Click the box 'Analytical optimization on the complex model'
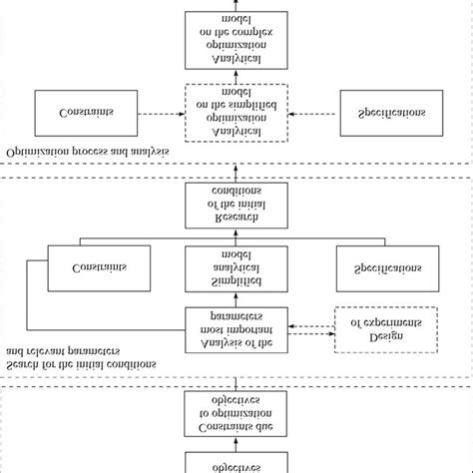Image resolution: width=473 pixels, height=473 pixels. [x=236, y=41]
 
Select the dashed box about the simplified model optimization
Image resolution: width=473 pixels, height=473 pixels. [x=236, y=113]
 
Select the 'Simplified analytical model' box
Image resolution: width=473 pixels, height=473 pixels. [x=236, y=269]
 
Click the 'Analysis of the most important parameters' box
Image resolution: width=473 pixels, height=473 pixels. [x=236, y=329]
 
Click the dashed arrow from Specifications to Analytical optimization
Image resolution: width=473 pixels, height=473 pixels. [x=313, y=113]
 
